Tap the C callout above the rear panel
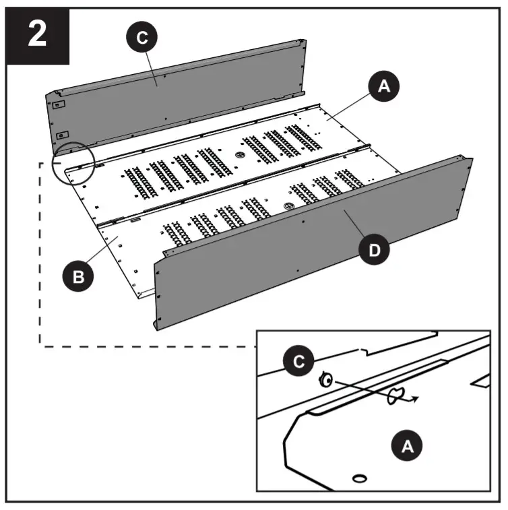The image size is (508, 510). tap(141, 38)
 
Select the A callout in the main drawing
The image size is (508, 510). tap(383, 87)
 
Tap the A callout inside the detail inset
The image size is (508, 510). tap(407, 445)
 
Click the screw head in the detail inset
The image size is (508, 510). tap(325, 381)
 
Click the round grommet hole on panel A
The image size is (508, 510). tap(240, 154)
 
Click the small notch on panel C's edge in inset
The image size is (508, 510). tap(364, 350)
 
